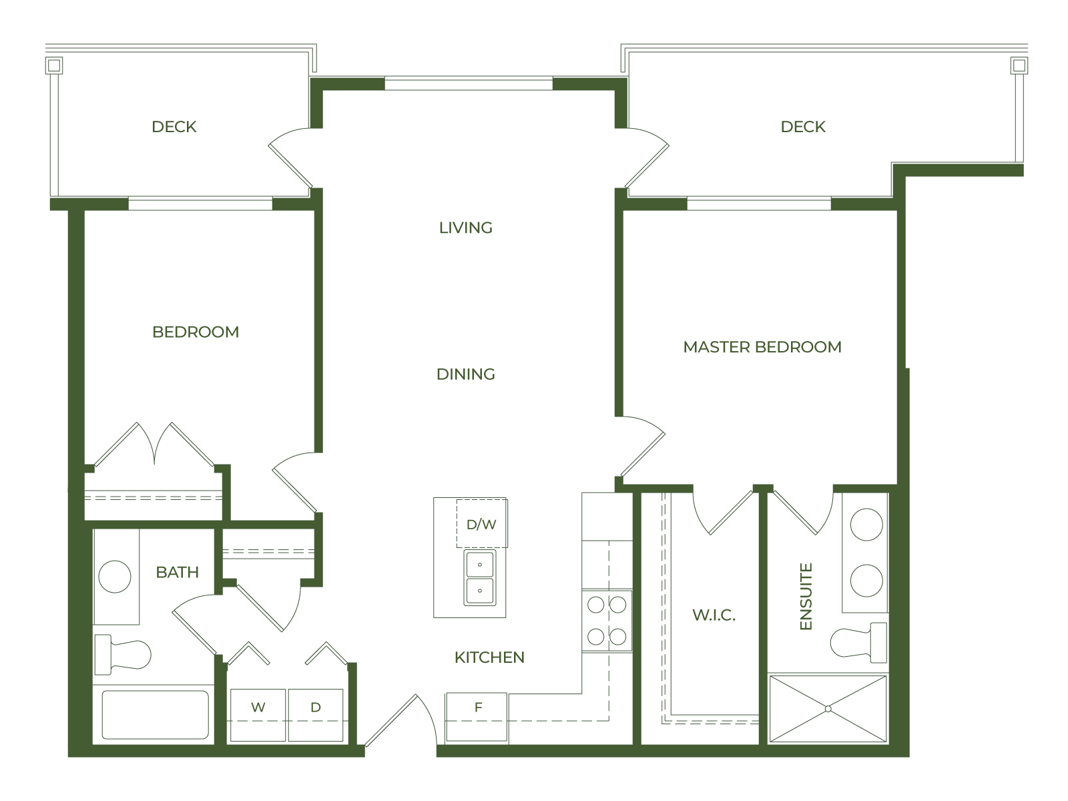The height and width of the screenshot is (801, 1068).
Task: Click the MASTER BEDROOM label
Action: pyautogui.click(x=762, y=346)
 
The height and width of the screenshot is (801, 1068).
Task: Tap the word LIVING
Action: pyautogui.click(x=466, y=228)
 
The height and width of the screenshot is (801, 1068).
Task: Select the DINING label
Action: pyautogui.click(x=466, y=374)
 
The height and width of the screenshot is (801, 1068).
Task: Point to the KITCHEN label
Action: pyautogui.click(x=489, y=657)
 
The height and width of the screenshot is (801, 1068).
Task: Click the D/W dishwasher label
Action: pyautogui.click(x=481, y=524)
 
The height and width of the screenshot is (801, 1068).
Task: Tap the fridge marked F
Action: pyautogui.click(x=477, y=718)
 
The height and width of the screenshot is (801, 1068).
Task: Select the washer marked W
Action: pyautogui.click(x=258, y=715)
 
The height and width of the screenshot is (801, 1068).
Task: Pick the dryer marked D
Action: pyautogui.click(x=316, y=715)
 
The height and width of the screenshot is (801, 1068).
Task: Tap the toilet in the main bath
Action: pyautogui.click(x=123, y=654)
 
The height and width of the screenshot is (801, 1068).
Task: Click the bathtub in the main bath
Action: pyautogui.click(x=156, y=714)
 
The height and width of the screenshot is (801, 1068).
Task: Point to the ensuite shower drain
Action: pyautogui.click(x=828, y=709)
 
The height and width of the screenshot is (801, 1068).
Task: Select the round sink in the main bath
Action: pyautogui.click(x=115, y=576)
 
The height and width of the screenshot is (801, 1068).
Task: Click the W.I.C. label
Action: pyautogui.click(x=714, y=615)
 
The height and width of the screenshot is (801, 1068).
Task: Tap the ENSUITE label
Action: pyautogui.click(x=806, y=596)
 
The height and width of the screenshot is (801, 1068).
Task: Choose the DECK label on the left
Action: pyautogui.click(x=174, y=127)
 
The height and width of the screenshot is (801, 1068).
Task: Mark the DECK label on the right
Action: pyautogui.click(x=803, y=127)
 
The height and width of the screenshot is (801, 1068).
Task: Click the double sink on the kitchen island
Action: pyautogui.click(x=480, y=578)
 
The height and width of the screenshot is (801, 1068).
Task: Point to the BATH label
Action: pyautogui.click(x=177, y=573)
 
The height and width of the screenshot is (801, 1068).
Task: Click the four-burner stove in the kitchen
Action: pyautogui.click(x=607, y=621)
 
